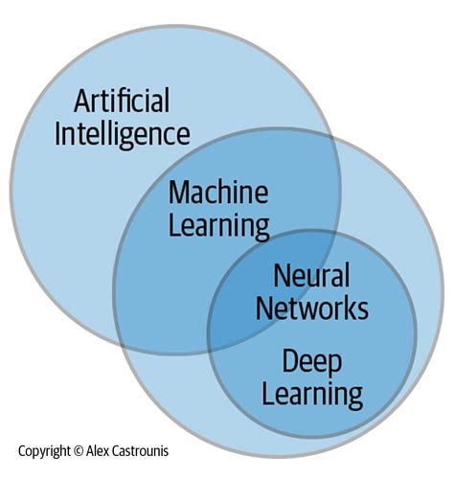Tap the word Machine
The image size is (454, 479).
219,194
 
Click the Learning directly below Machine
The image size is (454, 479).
219,226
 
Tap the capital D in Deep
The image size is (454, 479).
287,360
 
